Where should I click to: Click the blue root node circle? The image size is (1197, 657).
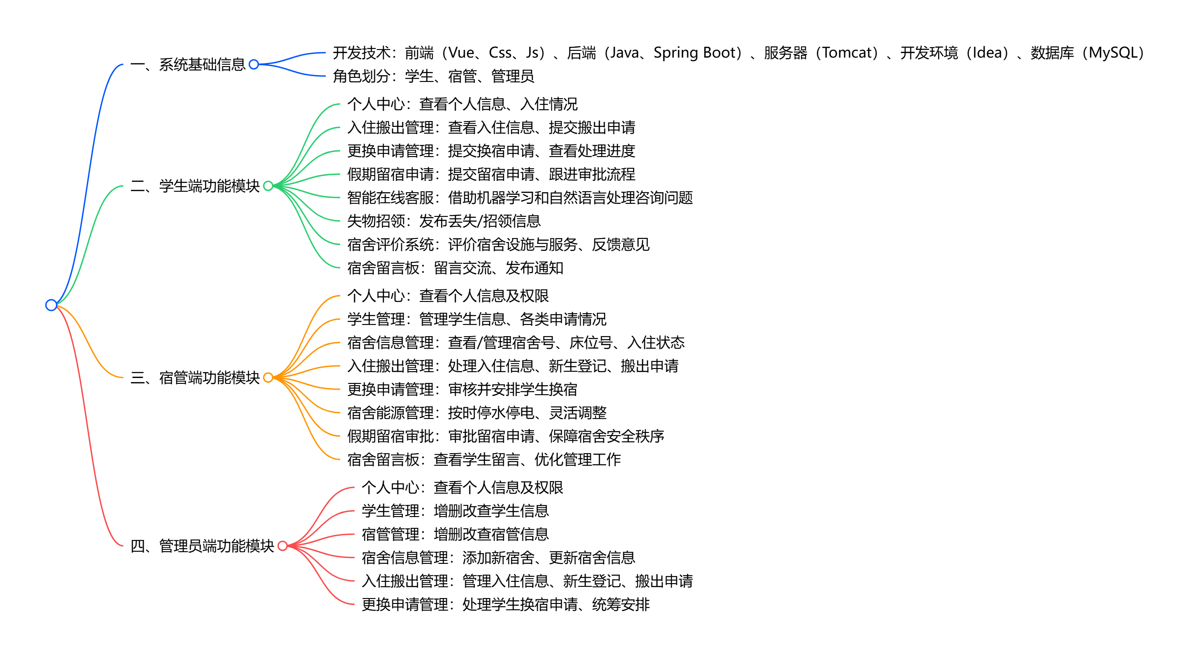click(x=51, y=305)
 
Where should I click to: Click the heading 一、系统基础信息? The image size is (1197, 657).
click(x=188, y=64)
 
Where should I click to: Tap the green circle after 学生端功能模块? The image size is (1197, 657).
click(x=268, y=186)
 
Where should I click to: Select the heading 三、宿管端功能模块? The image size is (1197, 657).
click(x=195, y=377)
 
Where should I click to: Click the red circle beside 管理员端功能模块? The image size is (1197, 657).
click(x=283, y=545)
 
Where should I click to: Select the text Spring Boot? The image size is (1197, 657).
click(x=697, y=53)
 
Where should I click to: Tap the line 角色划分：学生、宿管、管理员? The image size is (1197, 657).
click(x=433, y=76)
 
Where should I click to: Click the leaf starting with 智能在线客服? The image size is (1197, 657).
click(x=519, y=198)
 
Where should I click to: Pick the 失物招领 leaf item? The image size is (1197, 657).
click(x=444, y=220)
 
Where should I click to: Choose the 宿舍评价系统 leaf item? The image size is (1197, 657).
click(x=498, y=244)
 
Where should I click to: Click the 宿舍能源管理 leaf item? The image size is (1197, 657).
click(x=477, y=413)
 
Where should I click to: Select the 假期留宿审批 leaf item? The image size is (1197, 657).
click(x=505, y=436)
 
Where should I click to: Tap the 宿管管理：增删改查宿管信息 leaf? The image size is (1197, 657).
click(x=455, y=534)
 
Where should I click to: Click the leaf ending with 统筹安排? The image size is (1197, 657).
click(x=505, y=604)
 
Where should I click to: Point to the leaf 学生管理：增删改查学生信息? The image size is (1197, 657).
click(x=455, y=511)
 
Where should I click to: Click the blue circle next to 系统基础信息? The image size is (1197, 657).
click(x=254, y=64)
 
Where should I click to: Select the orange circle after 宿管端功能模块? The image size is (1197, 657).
click(x=268, y=377)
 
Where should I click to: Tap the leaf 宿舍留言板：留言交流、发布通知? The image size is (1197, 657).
click(x=455, y=268)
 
